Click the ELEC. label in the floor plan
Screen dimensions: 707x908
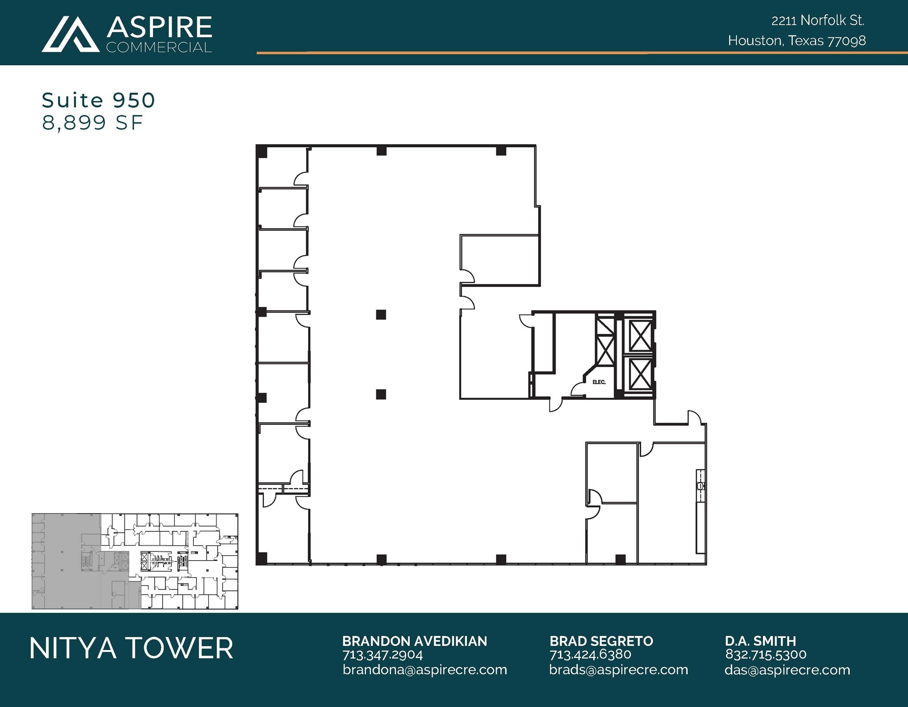point(599,382)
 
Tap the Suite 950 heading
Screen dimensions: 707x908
point(98,101)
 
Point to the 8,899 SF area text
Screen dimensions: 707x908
point(92,123)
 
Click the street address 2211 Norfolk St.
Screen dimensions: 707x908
point(818,20)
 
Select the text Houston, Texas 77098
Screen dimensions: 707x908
point(797,41)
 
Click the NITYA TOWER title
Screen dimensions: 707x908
point(131,648)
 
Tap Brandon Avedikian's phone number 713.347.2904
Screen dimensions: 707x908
point(383,655)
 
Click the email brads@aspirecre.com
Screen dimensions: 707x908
point(618,670)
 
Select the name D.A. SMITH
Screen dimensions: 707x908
point(760,641)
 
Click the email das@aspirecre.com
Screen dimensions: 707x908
point(787,670)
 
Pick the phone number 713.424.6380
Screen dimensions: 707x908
point(590,655)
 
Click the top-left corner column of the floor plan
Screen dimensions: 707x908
point(262,151)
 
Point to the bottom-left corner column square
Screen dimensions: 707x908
point(262,558)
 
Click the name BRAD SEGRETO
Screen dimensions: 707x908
point(601,641)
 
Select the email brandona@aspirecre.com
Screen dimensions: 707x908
point(425,670)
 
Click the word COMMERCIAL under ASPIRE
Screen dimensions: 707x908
point(159,47)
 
